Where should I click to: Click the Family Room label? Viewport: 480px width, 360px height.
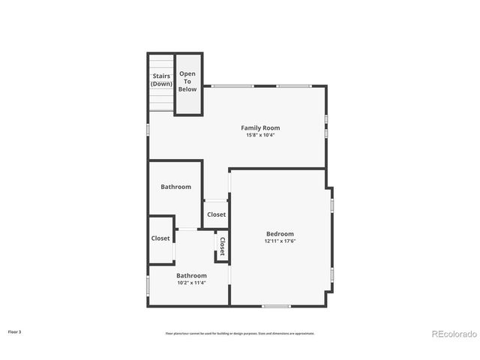[260, 127]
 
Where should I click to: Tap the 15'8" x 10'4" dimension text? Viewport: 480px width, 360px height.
[260, 135]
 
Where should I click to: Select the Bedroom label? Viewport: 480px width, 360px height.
[279, 233]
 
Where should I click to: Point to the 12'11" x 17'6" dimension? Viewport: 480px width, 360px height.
[279, 241]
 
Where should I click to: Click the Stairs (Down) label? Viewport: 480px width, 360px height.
[161, 79]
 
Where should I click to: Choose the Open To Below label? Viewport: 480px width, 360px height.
[187, 82]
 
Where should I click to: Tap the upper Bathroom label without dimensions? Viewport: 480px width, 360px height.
[175, 187]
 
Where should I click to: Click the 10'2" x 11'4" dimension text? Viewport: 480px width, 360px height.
[191, 283]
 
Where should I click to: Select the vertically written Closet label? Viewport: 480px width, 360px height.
[222, 247]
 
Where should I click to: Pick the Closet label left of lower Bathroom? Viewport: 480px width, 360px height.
[160, 238]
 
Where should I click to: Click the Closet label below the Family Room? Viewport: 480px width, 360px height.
[216, 214]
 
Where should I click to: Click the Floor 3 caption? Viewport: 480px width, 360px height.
[14, 331]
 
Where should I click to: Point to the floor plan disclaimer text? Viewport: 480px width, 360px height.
[240, 333]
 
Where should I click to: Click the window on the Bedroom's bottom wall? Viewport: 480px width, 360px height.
[276, 305]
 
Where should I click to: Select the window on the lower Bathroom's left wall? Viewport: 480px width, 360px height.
[148, 286]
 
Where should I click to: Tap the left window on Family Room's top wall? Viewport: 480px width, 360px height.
[232, 85]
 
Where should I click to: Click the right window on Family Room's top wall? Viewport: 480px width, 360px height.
[294, 85]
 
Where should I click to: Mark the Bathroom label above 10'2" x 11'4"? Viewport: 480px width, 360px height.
[191, 275]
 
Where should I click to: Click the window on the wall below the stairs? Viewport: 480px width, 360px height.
[148, 129]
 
